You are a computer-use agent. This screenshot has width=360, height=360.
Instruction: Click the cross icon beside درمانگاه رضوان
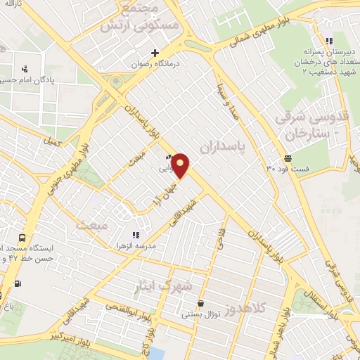(x=155, y=52)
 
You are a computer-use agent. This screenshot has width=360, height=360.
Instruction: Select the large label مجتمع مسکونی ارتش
(x=145, y=19)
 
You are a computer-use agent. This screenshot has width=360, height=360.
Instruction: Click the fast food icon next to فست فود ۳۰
(x=287, y=157)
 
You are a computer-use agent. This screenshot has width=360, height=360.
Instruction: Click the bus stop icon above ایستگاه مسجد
(x=22, y=238)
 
